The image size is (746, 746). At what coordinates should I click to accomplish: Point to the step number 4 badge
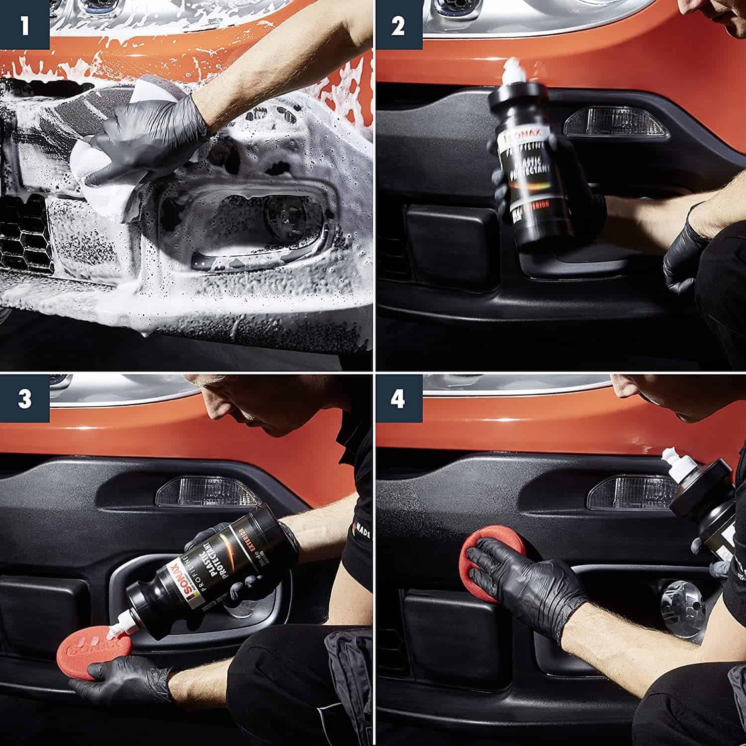397,398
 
